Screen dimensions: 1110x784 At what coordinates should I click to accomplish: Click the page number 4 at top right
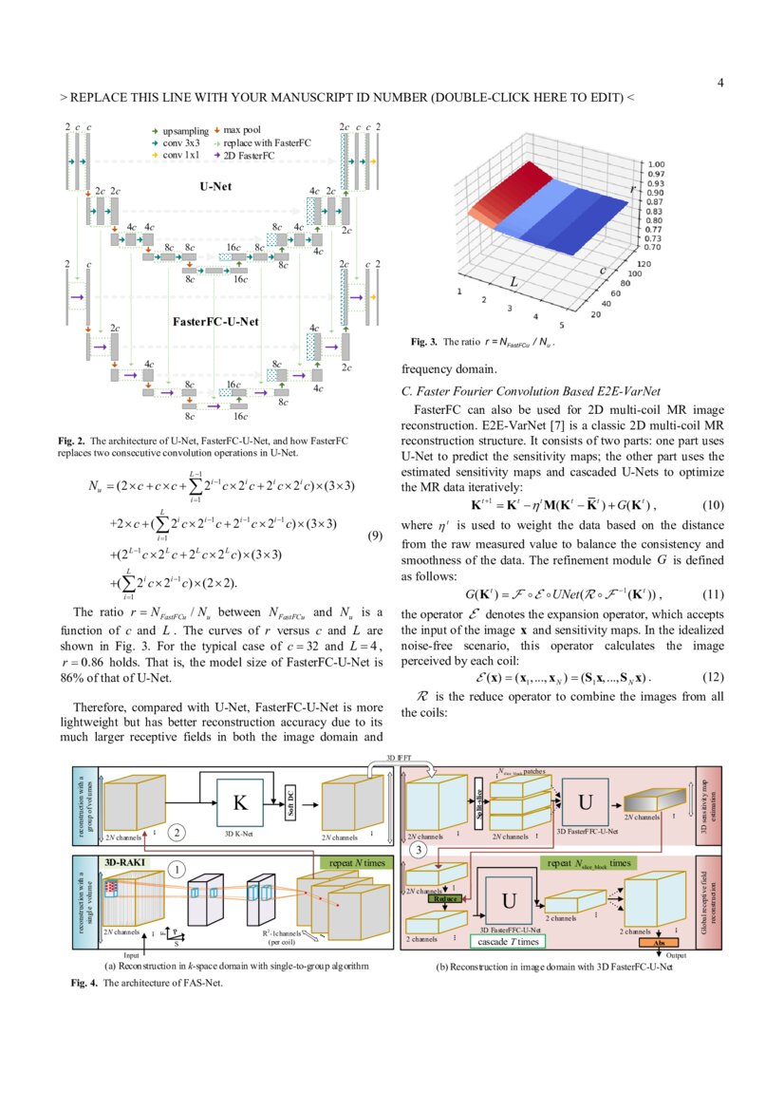click(x=720, y=83)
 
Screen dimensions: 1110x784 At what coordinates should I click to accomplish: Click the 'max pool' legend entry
click(x=242, y=129)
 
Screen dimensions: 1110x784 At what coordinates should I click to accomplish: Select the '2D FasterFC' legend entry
click(x=249, y=154)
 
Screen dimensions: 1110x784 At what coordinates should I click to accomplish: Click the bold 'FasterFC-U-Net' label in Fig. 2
click(x=216, y=321)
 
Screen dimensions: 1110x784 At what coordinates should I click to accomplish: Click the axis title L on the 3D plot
click(x=513, y=282)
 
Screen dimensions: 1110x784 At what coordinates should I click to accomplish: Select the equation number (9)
click(x=375, y=537)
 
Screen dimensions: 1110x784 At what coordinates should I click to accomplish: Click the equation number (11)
click(x=713, y=594)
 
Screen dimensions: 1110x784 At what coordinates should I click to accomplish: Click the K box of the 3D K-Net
click(x=241, y=803)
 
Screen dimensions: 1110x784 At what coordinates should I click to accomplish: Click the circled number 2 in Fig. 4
click(x=177, y=833)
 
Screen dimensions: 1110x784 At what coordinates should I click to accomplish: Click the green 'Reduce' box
click(x=446, y=897)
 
